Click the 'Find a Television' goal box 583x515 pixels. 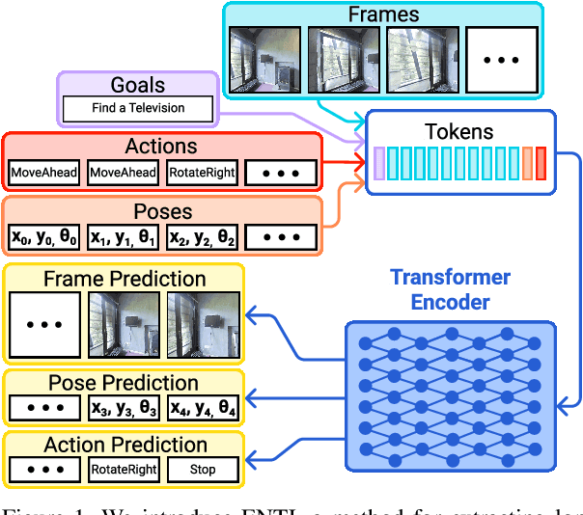pyautogui.click(x=137, y=108)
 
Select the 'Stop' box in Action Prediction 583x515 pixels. pyautogui.click(x=204, y=471)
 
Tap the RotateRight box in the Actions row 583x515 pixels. pyautogui.click(x=202, y=173)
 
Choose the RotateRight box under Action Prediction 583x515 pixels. pyautogui.click(x=124, y=471)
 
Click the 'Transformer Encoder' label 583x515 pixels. pyautogui.click(x=450, y=289)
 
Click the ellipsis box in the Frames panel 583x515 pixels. pyautogui.click(x=501, y=59)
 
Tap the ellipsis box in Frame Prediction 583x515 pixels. pyautogui.click(x=43, y=326)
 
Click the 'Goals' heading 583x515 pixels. pyautogui.click(x=138, y=84)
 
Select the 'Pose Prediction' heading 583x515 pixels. pyautogui.click(x=125, y=383)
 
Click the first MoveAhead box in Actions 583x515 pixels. pyautogui.click(x=43, y=173)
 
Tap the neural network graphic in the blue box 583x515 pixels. pyautogui.click(x=450, y=395)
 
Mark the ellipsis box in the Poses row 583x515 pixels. pyautogui.click(x=281, y=236)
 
